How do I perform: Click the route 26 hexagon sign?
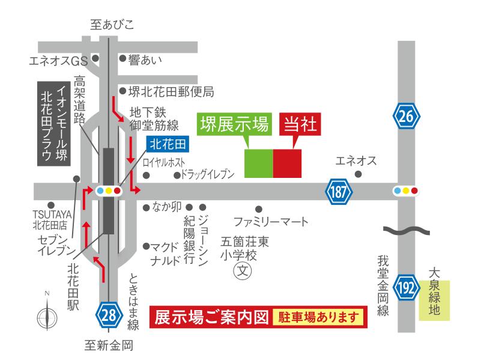[x=407, y=116]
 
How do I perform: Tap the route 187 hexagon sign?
[x=339, y=192]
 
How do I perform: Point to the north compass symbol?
[x=46, y=314]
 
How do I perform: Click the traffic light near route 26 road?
[x=405, y=191]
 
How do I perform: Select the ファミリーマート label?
[x=270, y=222]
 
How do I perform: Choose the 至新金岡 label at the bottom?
[x=108, y=345]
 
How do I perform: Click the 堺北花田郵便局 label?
[x=171, y=92]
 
